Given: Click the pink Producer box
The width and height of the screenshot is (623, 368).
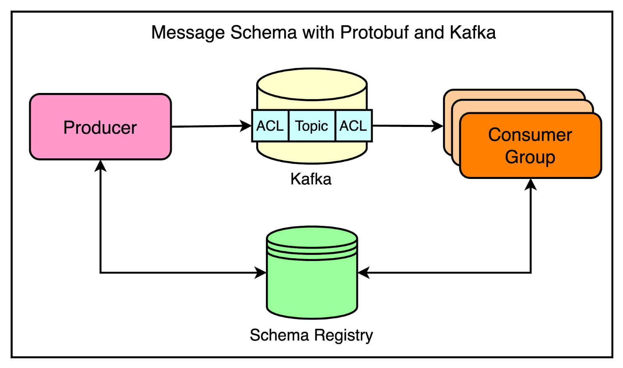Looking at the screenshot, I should [x=100, y=127].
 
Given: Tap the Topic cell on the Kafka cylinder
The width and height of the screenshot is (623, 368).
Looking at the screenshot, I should [x=311, y=126].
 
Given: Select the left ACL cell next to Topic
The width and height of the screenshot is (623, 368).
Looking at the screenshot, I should [x=270, y=126].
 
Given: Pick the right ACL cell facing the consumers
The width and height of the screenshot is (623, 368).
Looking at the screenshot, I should [x=353, y=126].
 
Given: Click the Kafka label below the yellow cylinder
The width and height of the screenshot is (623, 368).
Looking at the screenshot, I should [x=311, y=179].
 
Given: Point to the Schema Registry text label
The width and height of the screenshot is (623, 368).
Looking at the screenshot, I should [x=311, y=335].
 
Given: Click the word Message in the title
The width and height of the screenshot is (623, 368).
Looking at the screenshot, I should [x=188, y=32].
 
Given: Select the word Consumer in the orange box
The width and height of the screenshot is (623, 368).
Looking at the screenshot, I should [x=530, y=135].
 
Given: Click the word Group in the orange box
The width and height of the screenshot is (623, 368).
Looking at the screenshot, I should [x=530, y=157].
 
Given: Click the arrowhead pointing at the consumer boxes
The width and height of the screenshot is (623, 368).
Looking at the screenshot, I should [x=438, y=126].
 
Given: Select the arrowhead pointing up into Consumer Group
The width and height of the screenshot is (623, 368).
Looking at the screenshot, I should [x=530, y=184].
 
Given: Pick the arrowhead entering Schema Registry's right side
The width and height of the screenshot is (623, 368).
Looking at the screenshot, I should [x=363, y=273].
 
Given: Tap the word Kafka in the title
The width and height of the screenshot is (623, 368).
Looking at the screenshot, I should [x=473, y=32].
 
